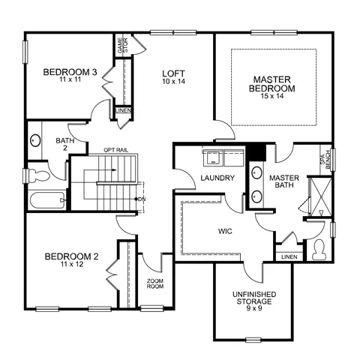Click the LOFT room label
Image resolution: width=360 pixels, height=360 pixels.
[x=173, y=73]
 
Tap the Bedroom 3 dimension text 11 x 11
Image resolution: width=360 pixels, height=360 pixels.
[x=70, y=79]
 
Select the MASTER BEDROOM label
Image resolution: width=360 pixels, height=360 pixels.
[x=272, y=84]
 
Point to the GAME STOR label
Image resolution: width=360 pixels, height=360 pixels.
[x=123, y=46]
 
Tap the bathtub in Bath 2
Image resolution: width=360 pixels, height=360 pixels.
[x=47, y=200]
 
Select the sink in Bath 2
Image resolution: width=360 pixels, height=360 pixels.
[x=35, y=140]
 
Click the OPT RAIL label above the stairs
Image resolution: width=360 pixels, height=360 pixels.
[x=115, y=150]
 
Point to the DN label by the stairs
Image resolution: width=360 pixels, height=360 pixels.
[x=142, y=199]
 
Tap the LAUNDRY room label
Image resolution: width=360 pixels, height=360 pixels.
[x=217, y=178]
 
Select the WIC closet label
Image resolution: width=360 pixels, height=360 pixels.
[x=225, y=231]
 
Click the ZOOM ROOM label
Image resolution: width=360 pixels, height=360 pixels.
[x=155, y=283]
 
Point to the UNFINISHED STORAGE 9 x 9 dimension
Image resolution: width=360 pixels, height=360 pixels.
[x=254, y=308]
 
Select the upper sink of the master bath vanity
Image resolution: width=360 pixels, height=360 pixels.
[x=256, y=172]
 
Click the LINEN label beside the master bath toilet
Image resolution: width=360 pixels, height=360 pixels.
[x=289, y=257]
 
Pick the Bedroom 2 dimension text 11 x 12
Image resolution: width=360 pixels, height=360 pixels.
[x=71, y=264]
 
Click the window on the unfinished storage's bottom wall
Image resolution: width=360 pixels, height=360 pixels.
[x=253, y=340]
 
